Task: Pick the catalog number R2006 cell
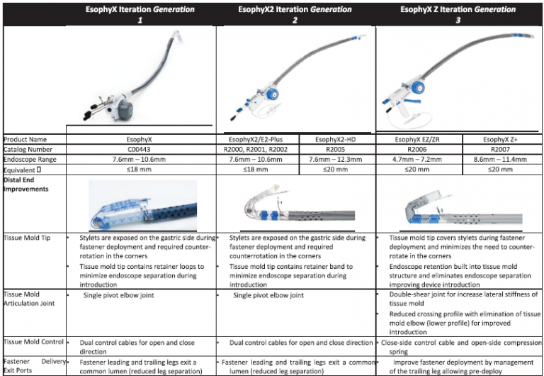419,150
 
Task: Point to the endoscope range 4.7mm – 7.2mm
419,160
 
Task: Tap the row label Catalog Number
29,150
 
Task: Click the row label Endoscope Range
30,160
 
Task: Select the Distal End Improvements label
27,185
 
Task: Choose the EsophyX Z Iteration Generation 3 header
459,14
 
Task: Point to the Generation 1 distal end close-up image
142,205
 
